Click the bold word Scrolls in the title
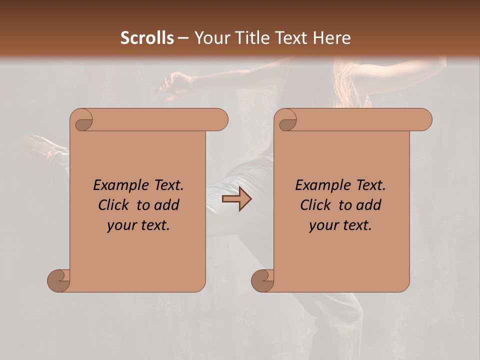[x=147, y=38]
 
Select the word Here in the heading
[x=332, y=38]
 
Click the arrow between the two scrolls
[x=236, y=199]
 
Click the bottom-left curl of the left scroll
[x=59, y=280]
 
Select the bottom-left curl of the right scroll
[x=263, y=280]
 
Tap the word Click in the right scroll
[x=315, y=205]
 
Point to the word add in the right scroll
[x=368, y=205]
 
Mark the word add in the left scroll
[x=166, y=205]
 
